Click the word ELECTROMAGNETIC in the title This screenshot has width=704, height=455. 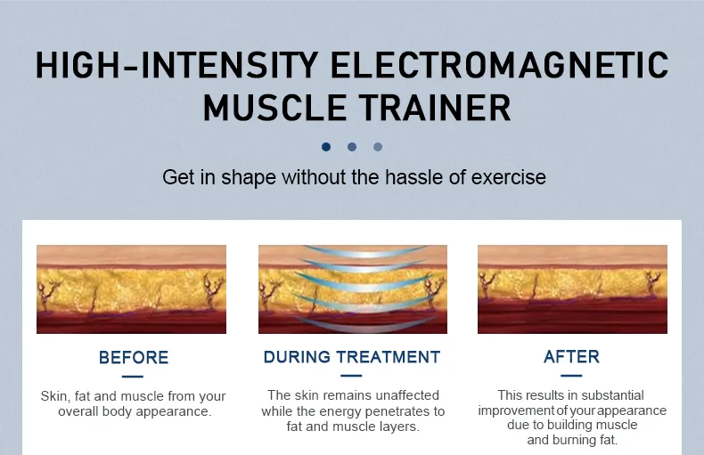[x=499, y=65]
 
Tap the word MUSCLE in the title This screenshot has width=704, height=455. [x=274, y=108]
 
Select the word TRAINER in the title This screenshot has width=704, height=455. [x=435, y=108]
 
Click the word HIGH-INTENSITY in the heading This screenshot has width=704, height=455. [x=177, y=65]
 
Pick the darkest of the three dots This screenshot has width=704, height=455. [x=326, y=147]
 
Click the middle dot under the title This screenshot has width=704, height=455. [x=352, y=147]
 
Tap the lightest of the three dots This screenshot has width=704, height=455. [x=378, y=147]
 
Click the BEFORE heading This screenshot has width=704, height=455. [x=134, y=358]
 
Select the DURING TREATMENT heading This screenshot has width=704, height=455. [x=352, y=357]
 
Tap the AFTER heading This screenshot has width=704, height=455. [x=571, y=357]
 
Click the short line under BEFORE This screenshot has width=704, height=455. [x=133, y=377]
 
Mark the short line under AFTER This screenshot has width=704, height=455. [x=571, y=376]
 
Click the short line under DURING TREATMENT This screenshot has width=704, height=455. [x=351, y=376]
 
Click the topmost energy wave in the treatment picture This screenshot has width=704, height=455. [x=365, y=251]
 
